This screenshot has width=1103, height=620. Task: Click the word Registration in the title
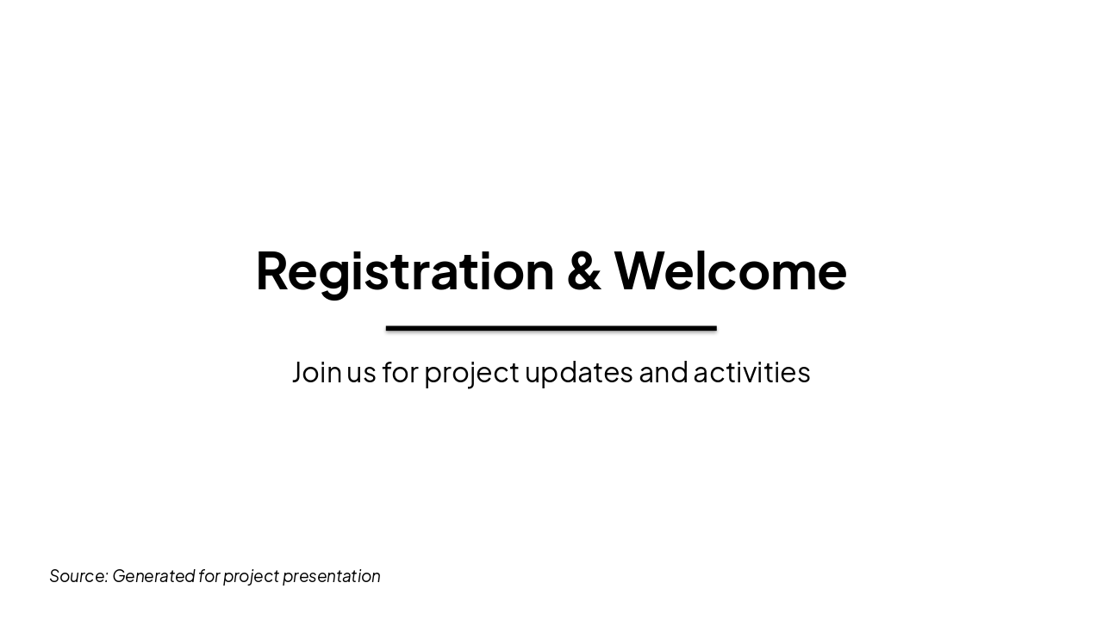(x=405, y=271)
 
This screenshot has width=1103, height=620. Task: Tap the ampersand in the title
(x=583, y=271)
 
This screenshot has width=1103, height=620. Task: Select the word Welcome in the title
(x=730, y=271)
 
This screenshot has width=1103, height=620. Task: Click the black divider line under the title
(x=551, y=328)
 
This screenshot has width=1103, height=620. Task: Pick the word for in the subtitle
(x=400, y=372)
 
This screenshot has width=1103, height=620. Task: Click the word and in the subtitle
(x=663, y=372)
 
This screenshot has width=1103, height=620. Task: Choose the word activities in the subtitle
(x=751, y=372)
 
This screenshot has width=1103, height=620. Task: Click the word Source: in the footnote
(x=78, y=576)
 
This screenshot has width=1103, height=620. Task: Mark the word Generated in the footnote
(x=153, y=576)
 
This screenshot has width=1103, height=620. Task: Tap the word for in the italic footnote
(x=209, y=576)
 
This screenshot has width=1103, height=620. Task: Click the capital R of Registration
(x=273, y=271)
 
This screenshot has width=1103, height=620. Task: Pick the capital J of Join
(x=298, y=372)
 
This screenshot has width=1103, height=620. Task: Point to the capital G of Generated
(x=119, y=576)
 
